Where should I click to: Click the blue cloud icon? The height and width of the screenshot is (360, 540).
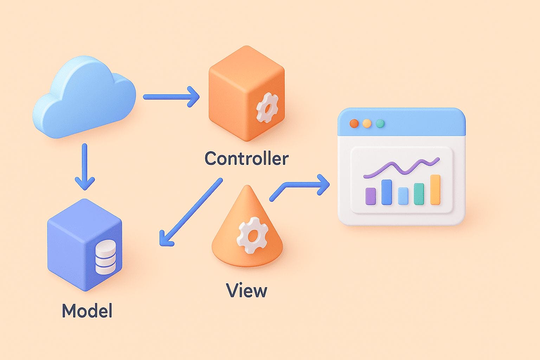[84, 98]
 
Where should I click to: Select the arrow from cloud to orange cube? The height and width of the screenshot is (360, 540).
[171, 96]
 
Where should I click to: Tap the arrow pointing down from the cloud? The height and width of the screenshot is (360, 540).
[84, 167]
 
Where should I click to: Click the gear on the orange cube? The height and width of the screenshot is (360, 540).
[267, 107]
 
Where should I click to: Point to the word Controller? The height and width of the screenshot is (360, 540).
[246, 159]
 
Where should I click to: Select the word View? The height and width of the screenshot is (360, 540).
[246, 290]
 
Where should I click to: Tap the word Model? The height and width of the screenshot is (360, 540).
[87, 311]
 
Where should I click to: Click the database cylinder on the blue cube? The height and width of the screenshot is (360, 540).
[105, 257]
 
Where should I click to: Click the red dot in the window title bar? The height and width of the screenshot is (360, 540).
[354, 123]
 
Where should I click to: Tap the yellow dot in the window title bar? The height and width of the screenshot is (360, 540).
[367, 123]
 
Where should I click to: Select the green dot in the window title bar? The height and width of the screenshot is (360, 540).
[380, 123]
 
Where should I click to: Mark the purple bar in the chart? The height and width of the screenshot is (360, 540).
[371, 196]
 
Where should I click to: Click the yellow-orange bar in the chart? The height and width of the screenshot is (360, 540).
[435, 189]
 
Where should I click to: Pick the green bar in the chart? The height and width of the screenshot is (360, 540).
[419, 194]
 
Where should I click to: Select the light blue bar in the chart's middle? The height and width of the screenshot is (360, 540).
[403, 196]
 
